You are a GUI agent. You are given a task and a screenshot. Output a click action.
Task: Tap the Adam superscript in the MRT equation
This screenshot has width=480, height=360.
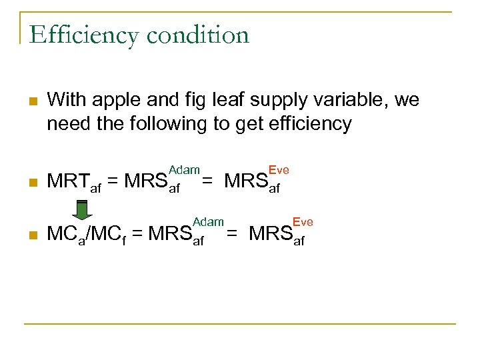184,171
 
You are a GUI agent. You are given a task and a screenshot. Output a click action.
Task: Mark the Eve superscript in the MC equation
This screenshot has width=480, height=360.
303,221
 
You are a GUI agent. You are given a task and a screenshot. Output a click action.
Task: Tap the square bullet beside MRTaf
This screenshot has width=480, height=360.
31,181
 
